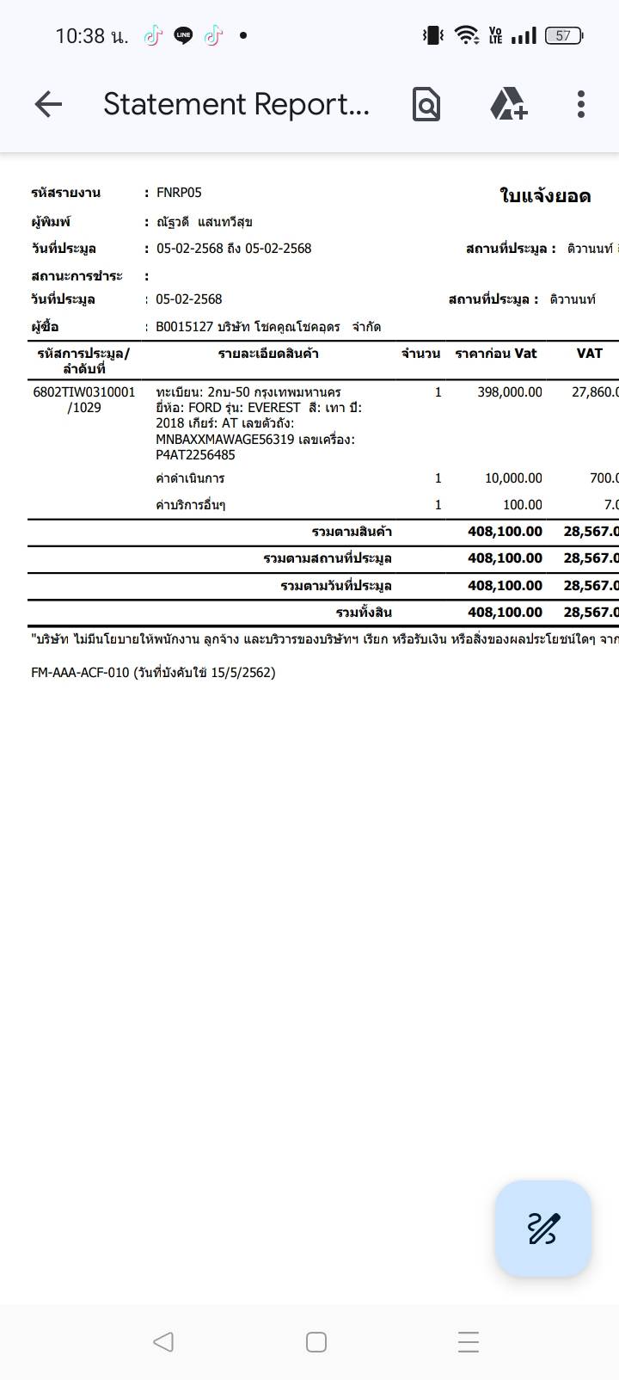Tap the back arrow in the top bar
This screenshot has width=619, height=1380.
coord(48,104)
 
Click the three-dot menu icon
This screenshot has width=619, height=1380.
coord(581,104)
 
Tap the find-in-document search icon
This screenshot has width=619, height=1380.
coord(426,104)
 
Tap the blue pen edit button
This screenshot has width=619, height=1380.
coord(542,1228)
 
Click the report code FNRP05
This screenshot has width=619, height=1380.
coord(179,193)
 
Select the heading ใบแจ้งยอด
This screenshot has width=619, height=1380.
coord(545,196)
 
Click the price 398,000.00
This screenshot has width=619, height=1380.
coord(510,392)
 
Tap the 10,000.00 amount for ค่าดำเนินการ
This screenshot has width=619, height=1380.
coord(513,478)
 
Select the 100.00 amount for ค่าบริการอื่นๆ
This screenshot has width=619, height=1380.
coord(522,505)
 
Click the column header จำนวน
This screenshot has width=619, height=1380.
coord(420,354)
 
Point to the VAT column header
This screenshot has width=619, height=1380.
coord(589,354)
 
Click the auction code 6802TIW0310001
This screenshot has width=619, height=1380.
coord(84,392)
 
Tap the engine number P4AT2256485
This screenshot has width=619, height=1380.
coord(195,455)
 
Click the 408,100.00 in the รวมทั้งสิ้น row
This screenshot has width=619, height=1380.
coord(505,613)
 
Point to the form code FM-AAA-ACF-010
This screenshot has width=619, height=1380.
coord(80,673)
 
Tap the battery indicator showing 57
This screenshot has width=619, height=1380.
coord(564,35)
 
